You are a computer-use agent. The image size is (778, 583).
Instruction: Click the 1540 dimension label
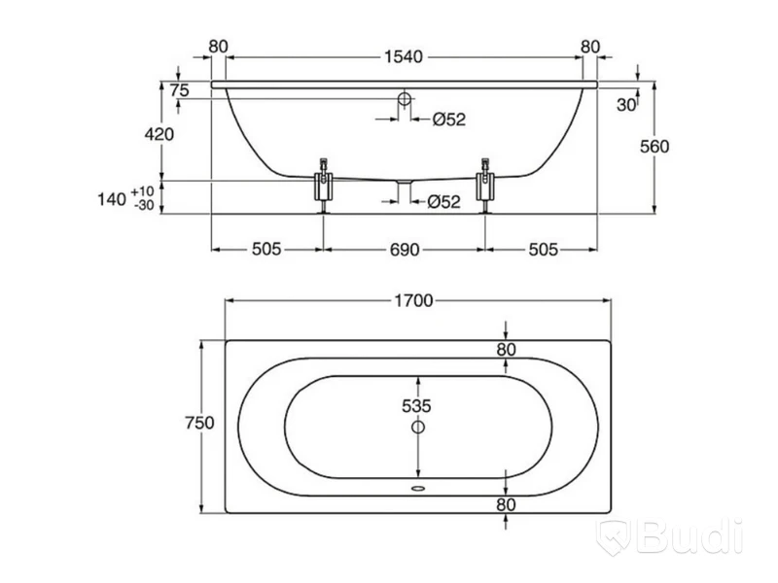click(x=404, y=57)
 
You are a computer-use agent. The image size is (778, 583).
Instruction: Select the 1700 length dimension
click(x=413, y=300)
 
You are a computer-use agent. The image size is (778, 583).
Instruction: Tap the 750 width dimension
click(x=199, y=423)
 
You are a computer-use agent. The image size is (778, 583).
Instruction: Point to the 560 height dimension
click(x=654, y=147)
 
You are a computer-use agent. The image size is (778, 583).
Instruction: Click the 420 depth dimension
click(x=159, y=134)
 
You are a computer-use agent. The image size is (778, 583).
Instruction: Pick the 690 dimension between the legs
click(x=405, y=250)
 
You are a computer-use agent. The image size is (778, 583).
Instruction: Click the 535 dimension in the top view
click(x=416, y=406)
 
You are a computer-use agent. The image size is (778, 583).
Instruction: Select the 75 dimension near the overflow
click(x=179, y=90)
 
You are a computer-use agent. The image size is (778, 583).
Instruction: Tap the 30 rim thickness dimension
click(x=626, y=105)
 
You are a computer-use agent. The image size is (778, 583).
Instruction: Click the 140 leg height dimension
click(x=112, y=199)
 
